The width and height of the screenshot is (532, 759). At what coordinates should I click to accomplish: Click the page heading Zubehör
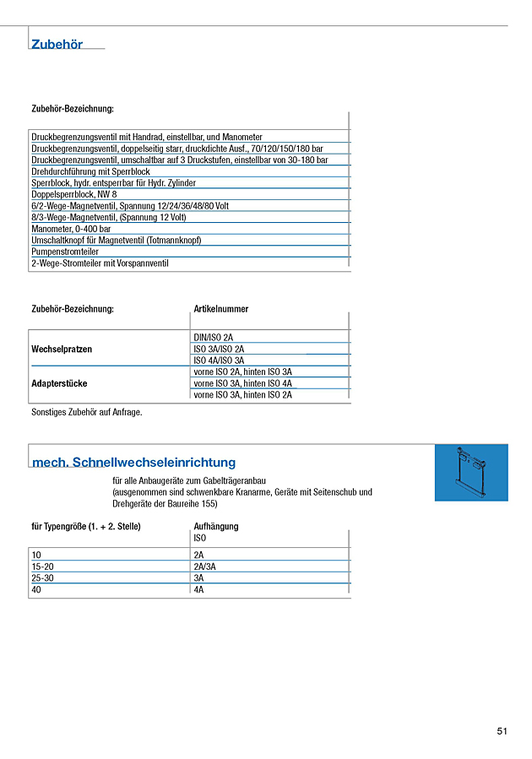click(57, 45)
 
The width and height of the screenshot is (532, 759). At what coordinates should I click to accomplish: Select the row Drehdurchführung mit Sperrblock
click(90, 171)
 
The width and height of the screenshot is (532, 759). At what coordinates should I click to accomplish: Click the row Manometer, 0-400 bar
click(71, 229)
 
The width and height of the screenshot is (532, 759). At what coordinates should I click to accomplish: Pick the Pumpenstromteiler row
click(65, 252)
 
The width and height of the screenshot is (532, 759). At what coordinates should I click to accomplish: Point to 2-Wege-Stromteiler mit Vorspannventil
click(100, 263)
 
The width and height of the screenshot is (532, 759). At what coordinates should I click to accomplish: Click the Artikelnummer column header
click(221, 309)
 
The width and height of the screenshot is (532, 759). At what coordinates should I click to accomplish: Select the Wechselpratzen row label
click(62, 349)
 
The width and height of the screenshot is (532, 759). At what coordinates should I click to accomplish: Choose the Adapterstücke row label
click(59, 383)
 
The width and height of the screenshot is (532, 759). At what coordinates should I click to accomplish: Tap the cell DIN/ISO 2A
click(214, 338)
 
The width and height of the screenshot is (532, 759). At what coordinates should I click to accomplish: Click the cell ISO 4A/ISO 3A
click(219, 361)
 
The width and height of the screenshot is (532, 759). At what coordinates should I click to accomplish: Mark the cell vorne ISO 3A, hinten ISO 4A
click(242, 383)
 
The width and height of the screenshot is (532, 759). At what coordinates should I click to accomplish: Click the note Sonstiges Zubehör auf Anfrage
click(87, 412)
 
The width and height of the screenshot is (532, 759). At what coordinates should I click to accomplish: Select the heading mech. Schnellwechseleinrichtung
click(133, 463)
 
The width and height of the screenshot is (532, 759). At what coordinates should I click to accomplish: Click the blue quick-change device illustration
click(471, 473)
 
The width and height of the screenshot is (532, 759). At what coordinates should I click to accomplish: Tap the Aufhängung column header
click(216, 526)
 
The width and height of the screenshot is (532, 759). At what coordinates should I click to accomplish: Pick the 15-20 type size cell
click(42, 567)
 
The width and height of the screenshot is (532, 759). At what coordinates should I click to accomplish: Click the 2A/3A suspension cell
click(205, 567)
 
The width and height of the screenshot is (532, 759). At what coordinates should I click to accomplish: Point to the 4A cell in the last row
click(199, 590)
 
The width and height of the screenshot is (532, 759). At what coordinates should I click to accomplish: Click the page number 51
click(502, 732)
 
